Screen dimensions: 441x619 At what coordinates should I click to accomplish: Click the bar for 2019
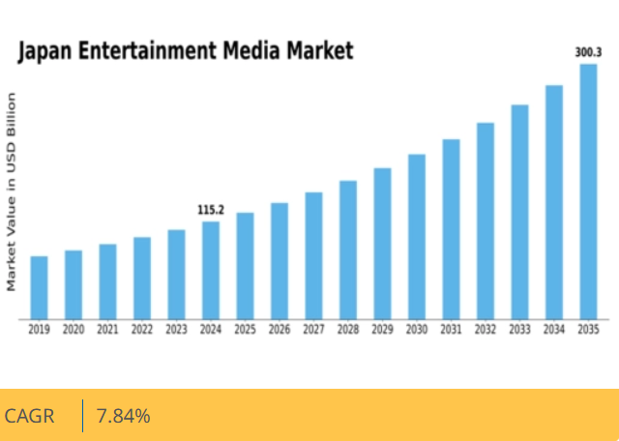39,287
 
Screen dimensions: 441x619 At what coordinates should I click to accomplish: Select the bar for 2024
211,270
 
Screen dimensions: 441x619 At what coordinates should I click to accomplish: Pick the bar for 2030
417,236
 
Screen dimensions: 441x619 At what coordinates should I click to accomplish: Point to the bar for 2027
313,255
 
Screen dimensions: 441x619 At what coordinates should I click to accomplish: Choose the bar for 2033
519,212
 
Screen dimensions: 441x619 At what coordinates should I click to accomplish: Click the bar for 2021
107,281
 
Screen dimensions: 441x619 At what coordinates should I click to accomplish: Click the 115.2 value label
211,210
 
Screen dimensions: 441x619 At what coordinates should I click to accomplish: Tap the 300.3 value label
588,52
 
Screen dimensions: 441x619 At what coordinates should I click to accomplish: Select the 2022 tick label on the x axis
142,330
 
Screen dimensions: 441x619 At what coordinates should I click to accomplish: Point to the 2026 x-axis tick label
280,330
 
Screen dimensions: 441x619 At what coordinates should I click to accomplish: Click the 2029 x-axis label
382,330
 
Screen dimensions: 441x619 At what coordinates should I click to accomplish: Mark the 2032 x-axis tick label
486,330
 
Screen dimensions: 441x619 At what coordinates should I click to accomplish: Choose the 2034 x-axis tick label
554,330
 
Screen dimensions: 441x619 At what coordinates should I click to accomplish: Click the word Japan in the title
46,51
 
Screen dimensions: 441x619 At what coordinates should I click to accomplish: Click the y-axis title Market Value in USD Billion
12,191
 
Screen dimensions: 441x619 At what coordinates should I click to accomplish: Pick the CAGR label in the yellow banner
30,417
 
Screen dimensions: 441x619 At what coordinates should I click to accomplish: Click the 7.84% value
123,417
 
